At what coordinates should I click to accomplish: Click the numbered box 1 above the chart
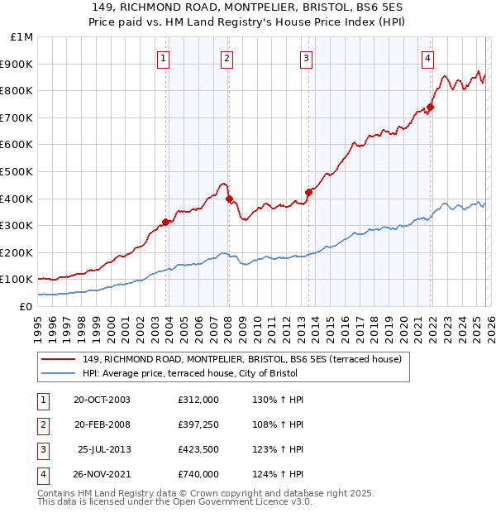point(164,58)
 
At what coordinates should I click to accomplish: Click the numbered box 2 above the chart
point(227,58)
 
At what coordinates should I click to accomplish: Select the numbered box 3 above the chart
point(306,58)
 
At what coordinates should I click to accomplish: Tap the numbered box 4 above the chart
point(427,58)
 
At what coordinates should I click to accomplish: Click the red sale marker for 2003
point(166,222)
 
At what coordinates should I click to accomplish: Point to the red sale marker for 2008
point(230,199)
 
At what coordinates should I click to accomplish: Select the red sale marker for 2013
point(308,192)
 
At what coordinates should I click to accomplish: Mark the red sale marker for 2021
point(431,107)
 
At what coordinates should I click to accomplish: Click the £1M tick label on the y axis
point(21,37)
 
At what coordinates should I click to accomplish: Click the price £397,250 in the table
point(198,426)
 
